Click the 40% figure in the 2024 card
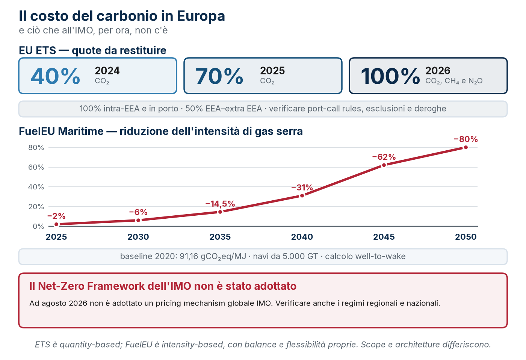56,76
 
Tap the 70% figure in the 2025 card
219,76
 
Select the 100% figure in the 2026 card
390,76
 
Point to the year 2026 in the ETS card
438,70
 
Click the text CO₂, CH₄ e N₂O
454,81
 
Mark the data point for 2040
302,196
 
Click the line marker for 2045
384,165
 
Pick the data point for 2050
466,147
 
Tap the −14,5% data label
220,204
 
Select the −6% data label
138,212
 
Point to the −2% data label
56,216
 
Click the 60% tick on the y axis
36,167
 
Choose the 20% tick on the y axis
36,207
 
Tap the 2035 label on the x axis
220,237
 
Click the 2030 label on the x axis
138,237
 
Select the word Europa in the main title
201,16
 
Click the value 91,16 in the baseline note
189,256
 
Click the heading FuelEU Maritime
61,131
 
